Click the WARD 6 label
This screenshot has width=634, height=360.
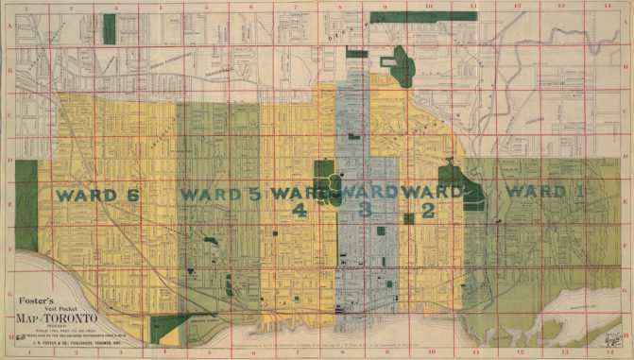tap(97, 195)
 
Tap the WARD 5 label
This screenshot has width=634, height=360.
tap(219, 195)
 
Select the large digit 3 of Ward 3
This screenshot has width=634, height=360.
tap(364, 212)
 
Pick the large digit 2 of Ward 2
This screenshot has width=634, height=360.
tap(428, 212)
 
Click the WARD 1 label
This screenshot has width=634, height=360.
tap(545, 192)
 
